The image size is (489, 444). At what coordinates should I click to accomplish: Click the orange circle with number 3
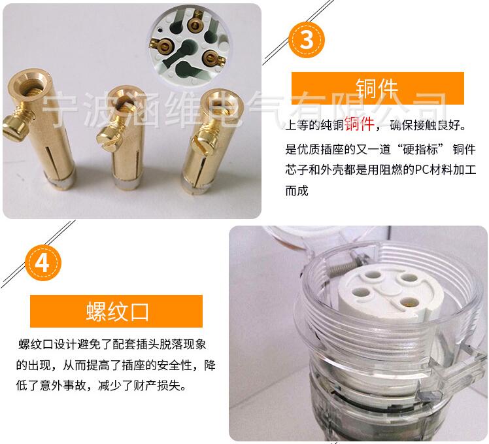(306, 40)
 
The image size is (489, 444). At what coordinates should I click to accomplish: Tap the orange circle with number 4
(43, 262)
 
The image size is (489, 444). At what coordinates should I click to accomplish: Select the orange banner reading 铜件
(378, 88)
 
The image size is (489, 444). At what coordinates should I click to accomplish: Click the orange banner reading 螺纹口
(116, 311)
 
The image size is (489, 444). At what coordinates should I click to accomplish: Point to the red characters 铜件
(360, 124)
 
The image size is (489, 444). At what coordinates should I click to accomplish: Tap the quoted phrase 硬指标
(421, 149)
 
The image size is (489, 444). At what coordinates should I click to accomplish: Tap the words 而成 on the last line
(297, 190)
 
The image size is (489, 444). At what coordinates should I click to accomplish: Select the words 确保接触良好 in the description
(425, 125)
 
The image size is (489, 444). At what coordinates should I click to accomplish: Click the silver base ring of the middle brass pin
(127, 183)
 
